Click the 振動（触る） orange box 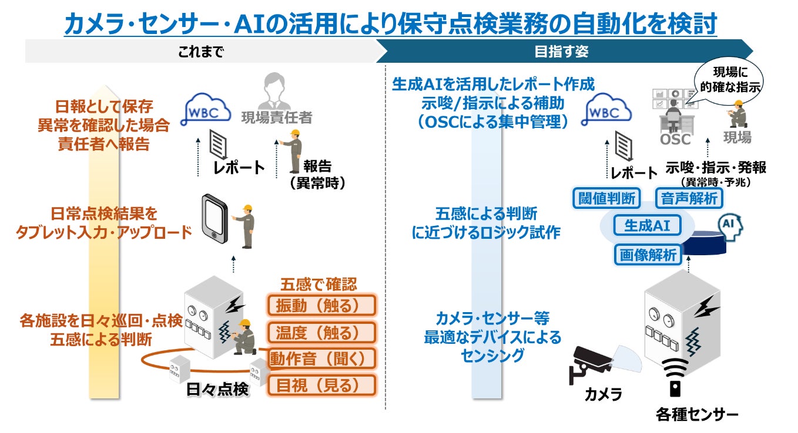[321, 306]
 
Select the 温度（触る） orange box [321, 333]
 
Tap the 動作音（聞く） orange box [321, 358]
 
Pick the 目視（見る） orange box [321, 385]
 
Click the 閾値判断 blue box [606, 198]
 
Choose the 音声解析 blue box [689, 198]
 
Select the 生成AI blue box [648, 225]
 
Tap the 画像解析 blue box [648, 255]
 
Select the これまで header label [201, 52]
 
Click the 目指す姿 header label [561, 52]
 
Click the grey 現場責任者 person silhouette [274, 91]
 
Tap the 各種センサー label [697, 415]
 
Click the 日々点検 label [217, 390]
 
